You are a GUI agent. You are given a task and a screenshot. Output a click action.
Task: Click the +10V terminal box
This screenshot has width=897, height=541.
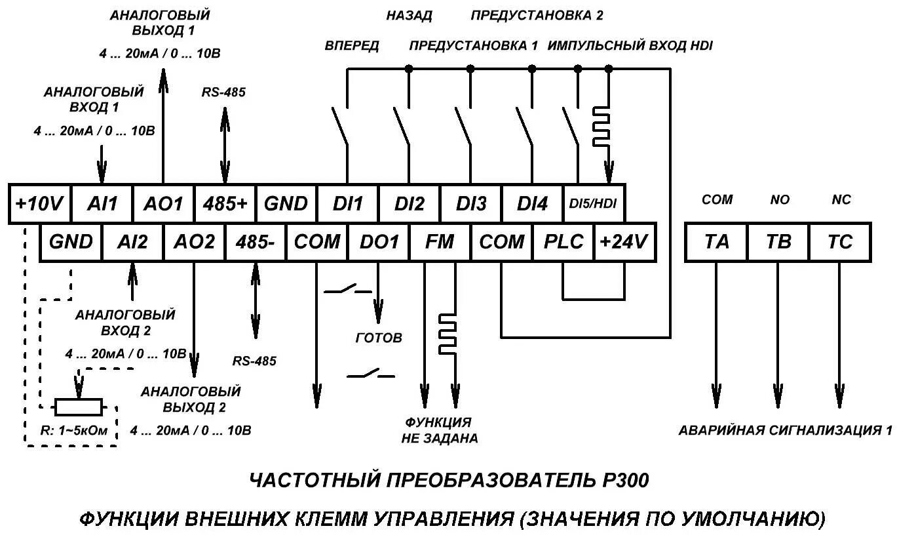39,204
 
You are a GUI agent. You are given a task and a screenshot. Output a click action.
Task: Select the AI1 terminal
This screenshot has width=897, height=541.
102,204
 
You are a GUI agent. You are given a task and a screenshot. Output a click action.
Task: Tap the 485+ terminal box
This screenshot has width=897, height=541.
225,204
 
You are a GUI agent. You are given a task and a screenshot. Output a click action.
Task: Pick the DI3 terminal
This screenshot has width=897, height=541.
470,204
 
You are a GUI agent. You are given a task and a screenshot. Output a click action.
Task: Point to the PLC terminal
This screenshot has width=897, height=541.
563,242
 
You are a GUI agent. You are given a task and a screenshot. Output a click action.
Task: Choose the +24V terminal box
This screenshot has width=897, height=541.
624,242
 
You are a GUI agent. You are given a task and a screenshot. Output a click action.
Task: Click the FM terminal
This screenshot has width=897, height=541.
440,242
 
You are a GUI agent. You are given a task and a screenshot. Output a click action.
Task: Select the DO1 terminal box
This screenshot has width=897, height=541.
379,242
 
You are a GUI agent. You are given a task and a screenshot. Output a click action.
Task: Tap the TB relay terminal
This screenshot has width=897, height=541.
778,242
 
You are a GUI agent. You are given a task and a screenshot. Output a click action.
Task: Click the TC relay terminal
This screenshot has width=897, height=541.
840,242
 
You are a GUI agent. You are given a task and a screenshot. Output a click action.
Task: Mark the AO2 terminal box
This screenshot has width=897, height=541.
194,242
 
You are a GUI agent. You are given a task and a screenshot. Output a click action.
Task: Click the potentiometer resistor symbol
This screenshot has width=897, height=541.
79,407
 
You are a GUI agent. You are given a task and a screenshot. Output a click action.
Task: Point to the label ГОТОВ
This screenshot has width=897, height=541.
379,338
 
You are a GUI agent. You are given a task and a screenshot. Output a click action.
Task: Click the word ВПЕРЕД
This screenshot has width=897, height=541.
352,46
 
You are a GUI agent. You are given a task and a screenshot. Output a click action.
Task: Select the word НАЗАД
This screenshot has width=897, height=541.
410,15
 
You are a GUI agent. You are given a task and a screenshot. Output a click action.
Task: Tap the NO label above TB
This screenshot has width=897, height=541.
780,199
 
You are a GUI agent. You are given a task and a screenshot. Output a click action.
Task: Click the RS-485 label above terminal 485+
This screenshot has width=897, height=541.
223,92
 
